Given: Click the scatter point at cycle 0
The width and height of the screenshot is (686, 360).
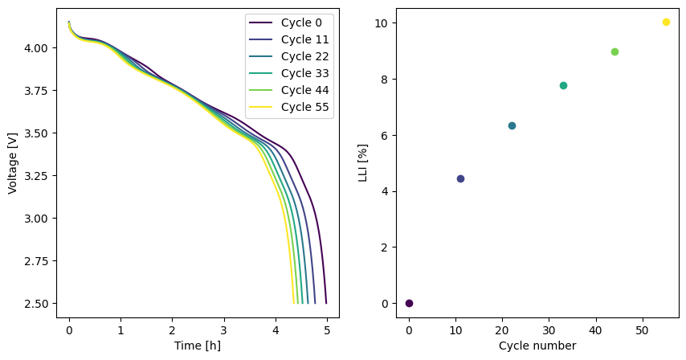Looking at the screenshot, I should [409, 303].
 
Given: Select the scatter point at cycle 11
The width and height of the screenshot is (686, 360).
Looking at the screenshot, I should [460, 178].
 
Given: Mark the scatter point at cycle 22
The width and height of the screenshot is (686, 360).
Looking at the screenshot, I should [512, 125].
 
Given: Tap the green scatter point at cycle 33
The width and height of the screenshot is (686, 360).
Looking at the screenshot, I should [563, 85].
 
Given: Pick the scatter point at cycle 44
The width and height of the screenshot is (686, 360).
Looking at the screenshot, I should [615, 51].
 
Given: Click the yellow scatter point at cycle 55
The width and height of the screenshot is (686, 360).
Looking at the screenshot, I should [666, 22].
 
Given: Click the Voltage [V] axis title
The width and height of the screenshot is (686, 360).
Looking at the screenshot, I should [13, 164].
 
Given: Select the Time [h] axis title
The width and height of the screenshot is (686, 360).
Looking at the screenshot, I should [197, 346].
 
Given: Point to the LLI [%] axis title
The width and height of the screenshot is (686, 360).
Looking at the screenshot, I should [363, 164].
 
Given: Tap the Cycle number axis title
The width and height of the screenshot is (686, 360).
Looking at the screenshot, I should [537, 346].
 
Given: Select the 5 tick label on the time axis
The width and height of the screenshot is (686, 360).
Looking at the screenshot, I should [326, 329].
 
